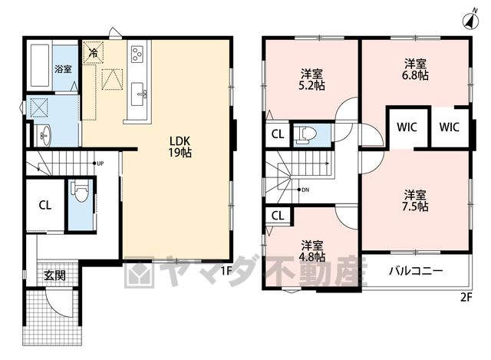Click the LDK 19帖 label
click(180, 147)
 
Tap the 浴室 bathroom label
click(63, 69)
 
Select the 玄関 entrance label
click(54, 275)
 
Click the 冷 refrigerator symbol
click(93, 53)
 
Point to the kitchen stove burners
click(137, 54)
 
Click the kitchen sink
click(138, 94)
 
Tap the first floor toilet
click(81, 191)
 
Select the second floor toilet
click(306, 135)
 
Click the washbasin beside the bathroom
click(44, 136)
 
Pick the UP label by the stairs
click(101, 163)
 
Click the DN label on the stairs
click(305, 190)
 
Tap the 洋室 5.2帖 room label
click(311, 80)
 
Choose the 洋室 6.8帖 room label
click(415, 70)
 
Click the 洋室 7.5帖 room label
click(415, 200)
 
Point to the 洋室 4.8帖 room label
click(312, 251)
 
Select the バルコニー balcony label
click(416, 271)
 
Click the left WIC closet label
click(407, 127)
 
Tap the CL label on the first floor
click(44, 205)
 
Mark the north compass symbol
click(470, 19)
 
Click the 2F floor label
click(466, 297)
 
